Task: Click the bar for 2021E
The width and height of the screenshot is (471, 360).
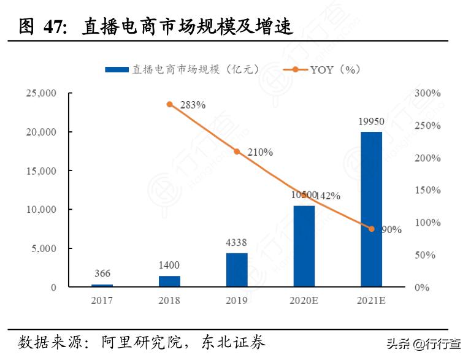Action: [x=371, y=209]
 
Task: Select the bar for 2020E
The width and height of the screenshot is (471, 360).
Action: [x=304, y=246]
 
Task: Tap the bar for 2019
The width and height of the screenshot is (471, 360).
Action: [x=237, y=270]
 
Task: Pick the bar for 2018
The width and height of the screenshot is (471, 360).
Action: [x=169, y=281]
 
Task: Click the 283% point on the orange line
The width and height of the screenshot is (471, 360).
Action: [x=169, y=104]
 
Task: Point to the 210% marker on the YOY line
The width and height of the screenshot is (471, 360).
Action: [x=237, y=151]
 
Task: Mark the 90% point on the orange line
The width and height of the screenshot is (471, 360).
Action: [x=371, y=229]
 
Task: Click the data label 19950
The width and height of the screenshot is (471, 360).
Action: [x=371, y=121]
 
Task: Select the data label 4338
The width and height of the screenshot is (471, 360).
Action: [x=237, y=242]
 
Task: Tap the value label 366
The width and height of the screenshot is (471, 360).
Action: [x=102, y=274]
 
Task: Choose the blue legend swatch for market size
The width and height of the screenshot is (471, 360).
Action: [x=117, y=70]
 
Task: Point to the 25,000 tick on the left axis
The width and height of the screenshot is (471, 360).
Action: [x=40, y=93]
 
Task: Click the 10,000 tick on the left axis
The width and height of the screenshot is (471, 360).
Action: [x=40, y=210]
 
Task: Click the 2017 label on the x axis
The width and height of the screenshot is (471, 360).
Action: [x=102, y=301]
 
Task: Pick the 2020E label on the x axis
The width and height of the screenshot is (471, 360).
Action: [x=304, y=301]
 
